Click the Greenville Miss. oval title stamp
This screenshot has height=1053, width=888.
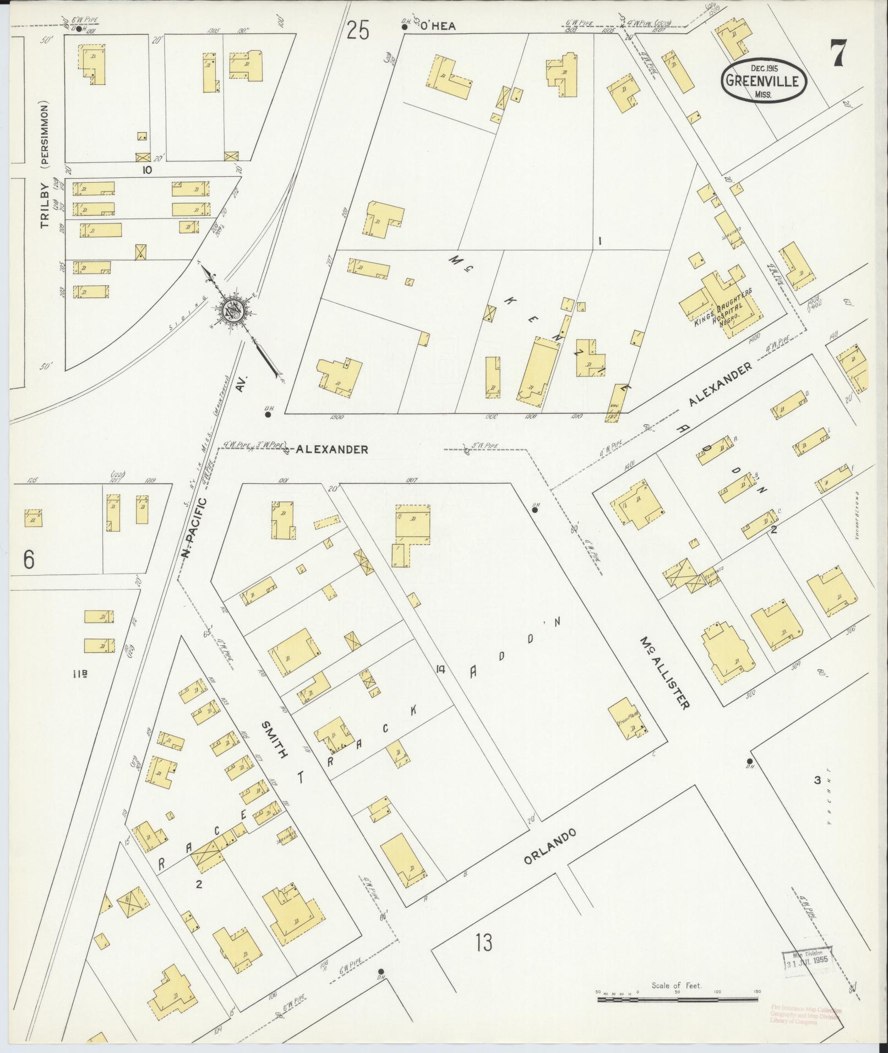coord(764,81)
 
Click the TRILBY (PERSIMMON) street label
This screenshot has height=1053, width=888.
coord(45,165)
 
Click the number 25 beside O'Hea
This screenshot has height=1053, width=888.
coord(357,31)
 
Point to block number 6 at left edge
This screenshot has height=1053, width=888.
coord(29,559)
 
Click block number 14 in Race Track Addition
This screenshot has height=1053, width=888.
coord(439,669)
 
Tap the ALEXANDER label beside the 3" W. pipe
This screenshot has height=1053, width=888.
coord(332,450)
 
